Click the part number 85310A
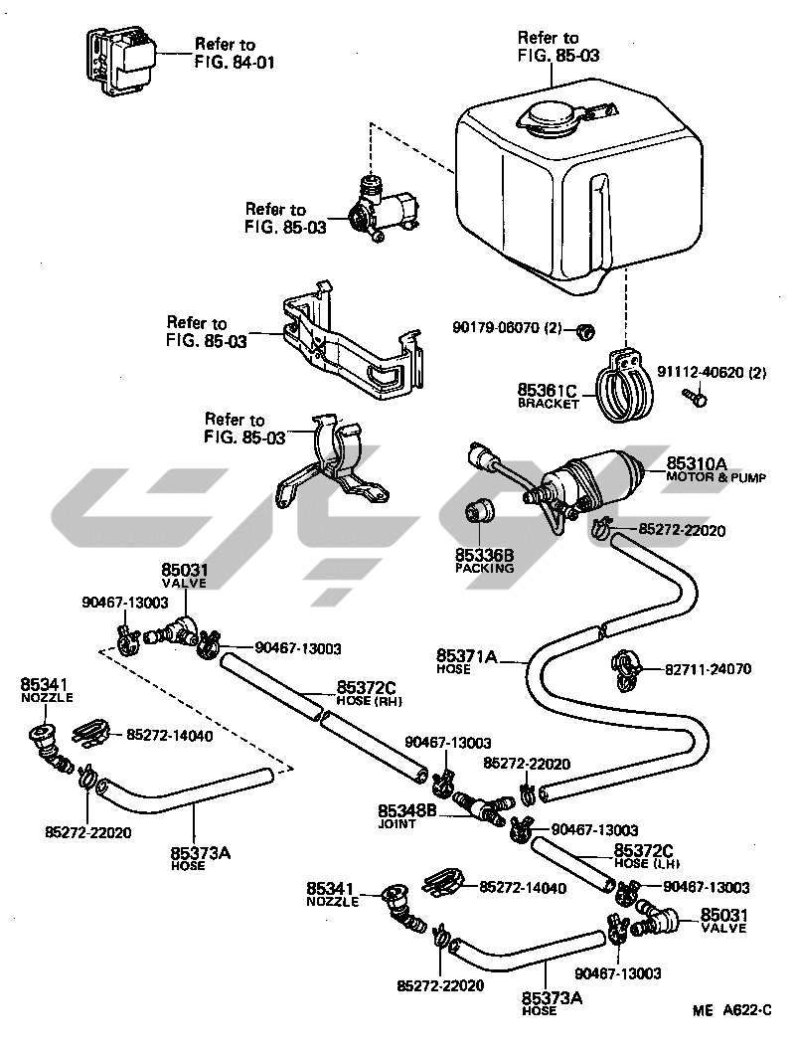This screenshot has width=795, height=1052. (x=696, y=463)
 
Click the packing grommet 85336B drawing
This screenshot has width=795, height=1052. (x=479, y=510)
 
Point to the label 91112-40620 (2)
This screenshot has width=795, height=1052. (x=712, y=372)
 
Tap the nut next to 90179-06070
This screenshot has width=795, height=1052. (x=586, y=330)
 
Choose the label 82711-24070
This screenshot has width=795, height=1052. (x=708, y=669)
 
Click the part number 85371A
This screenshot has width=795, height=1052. (x=466, y=655)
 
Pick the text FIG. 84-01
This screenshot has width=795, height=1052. (x=234, y=63)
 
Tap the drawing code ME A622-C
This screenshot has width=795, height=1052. (x=732, y=1009)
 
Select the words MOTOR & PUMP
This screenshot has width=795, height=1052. (x=715, y=477)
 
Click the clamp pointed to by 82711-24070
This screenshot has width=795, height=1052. (x=626, y=669)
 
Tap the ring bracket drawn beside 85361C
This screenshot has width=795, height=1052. (x=623, y=388)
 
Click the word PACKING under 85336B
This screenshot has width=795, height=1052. (x=484, y=568)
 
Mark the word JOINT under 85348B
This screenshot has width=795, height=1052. (x=397, y=824)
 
